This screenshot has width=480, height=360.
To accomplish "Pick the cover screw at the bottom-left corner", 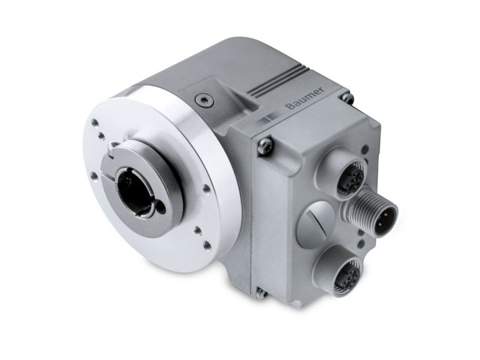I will [258, 291].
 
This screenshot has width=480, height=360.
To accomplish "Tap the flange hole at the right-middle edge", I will [207, 189].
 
